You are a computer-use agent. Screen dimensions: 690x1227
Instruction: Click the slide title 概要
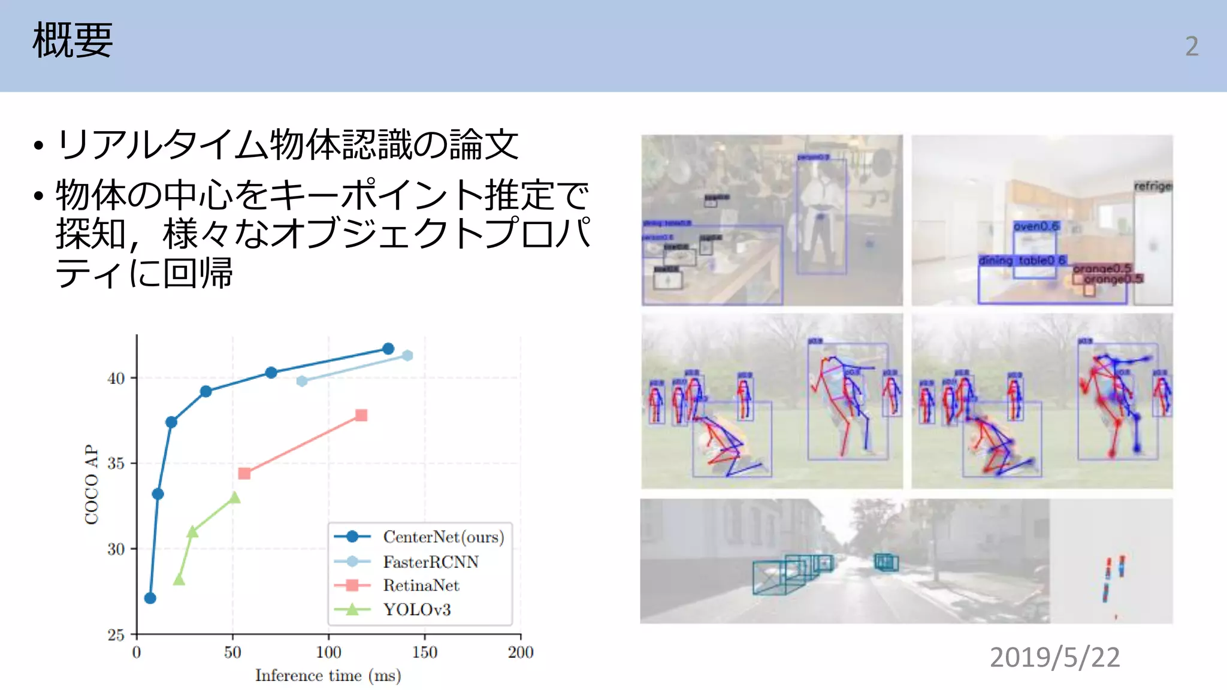click(72, 41)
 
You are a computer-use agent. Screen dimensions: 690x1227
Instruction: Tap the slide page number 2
click(1192, 46)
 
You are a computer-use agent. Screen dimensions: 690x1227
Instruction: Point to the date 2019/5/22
click(1054, 657)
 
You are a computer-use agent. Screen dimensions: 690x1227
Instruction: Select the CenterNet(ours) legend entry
click(443, 537)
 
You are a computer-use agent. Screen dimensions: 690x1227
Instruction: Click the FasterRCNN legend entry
click(431, 562)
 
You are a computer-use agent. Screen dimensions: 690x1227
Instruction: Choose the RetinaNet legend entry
click(421, 585)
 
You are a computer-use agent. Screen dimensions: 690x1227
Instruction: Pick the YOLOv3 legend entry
click(417, 610)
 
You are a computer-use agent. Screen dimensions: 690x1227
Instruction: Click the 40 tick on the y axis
click(116, 379)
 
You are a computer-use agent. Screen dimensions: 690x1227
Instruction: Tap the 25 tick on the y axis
click(116, 635)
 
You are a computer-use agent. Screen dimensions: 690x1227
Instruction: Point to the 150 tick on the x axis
click(425, 652)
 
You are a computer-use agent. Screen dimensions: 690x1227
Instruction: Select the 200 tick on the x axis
click(521, 652)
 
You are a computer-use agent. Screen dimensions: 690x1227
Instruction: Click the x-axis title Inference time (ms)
click(328, 676)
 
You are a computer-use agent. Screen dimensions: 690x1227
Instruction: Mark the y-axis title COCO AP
click(92, 484)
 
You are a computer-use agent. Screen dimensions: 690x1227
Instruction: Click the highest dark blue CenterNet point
click(388, 349)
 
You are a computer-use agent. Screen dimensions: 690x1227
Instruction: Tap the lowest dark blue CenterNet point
click(150, 598)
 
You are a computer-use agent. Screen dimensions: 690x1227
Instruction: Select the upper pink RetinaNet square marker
click(361, 415)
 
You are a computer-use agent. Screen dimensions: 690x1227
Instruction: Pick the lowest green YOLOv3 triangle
click(179, 580)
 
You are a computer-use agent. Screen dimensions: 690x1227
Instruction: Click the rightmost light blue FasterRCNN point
click(407, 356)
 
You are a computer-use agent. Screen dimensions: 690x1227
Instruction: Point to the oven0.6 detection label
click(1036, 226)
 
